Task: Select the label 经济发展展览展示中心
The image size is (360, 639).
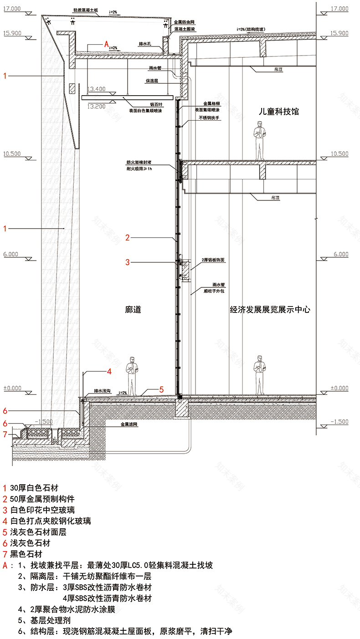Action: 270,310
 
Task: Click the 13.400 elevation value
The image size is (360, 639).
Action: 97,89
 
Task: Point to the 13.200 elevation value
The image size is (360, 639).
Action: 97,107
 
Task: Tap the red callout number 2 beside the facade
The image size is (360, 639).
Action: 128,237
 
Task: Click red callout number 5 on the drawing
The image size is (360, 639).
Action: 161,389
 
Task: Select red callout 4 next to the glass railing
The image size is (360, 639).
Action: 109,372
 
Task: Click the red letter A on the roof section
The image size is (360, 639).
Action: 106,45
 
